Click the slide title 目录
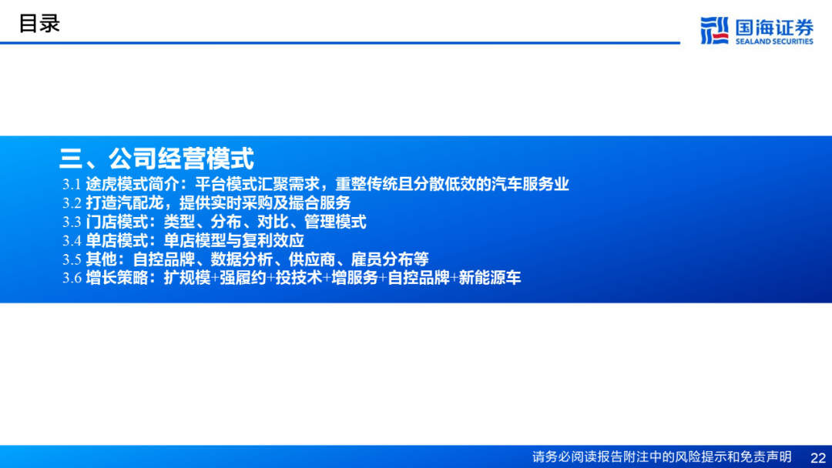pyautogui.click(x=39, y=24)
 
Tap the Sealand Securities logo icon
pyautogui.click(x=714, y=30)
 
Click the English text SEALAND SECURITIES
pyautogui.click(x=774, y=42)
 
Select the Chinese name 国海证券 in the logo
pyautogui.click(x=774, y=26)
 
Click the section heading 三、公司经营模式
pyautogui.click(x=156, y=158)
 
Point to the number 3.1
pyautogui.click(x=72, y=185)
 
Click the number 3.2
pyautogui.click(x=72, y=203)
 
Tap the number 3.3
pyautogui.click(x=72, y=222)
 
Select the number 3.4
pyautogui.click(x=72, y=241)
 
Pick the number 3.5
pyautogui.click(x=72, y=259)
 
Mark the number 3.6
pyautogui.click(x=72, y=278)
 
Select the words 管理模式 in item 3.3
pyautogui.click(x=335, y=222)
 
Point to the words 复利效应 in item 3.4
pyautogui.click(x=273, y=240)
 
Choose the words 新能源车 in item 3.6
pyautogui.click(x=490, y=277)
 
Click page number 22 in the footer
pyautogui.click(x=818, y=457)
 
